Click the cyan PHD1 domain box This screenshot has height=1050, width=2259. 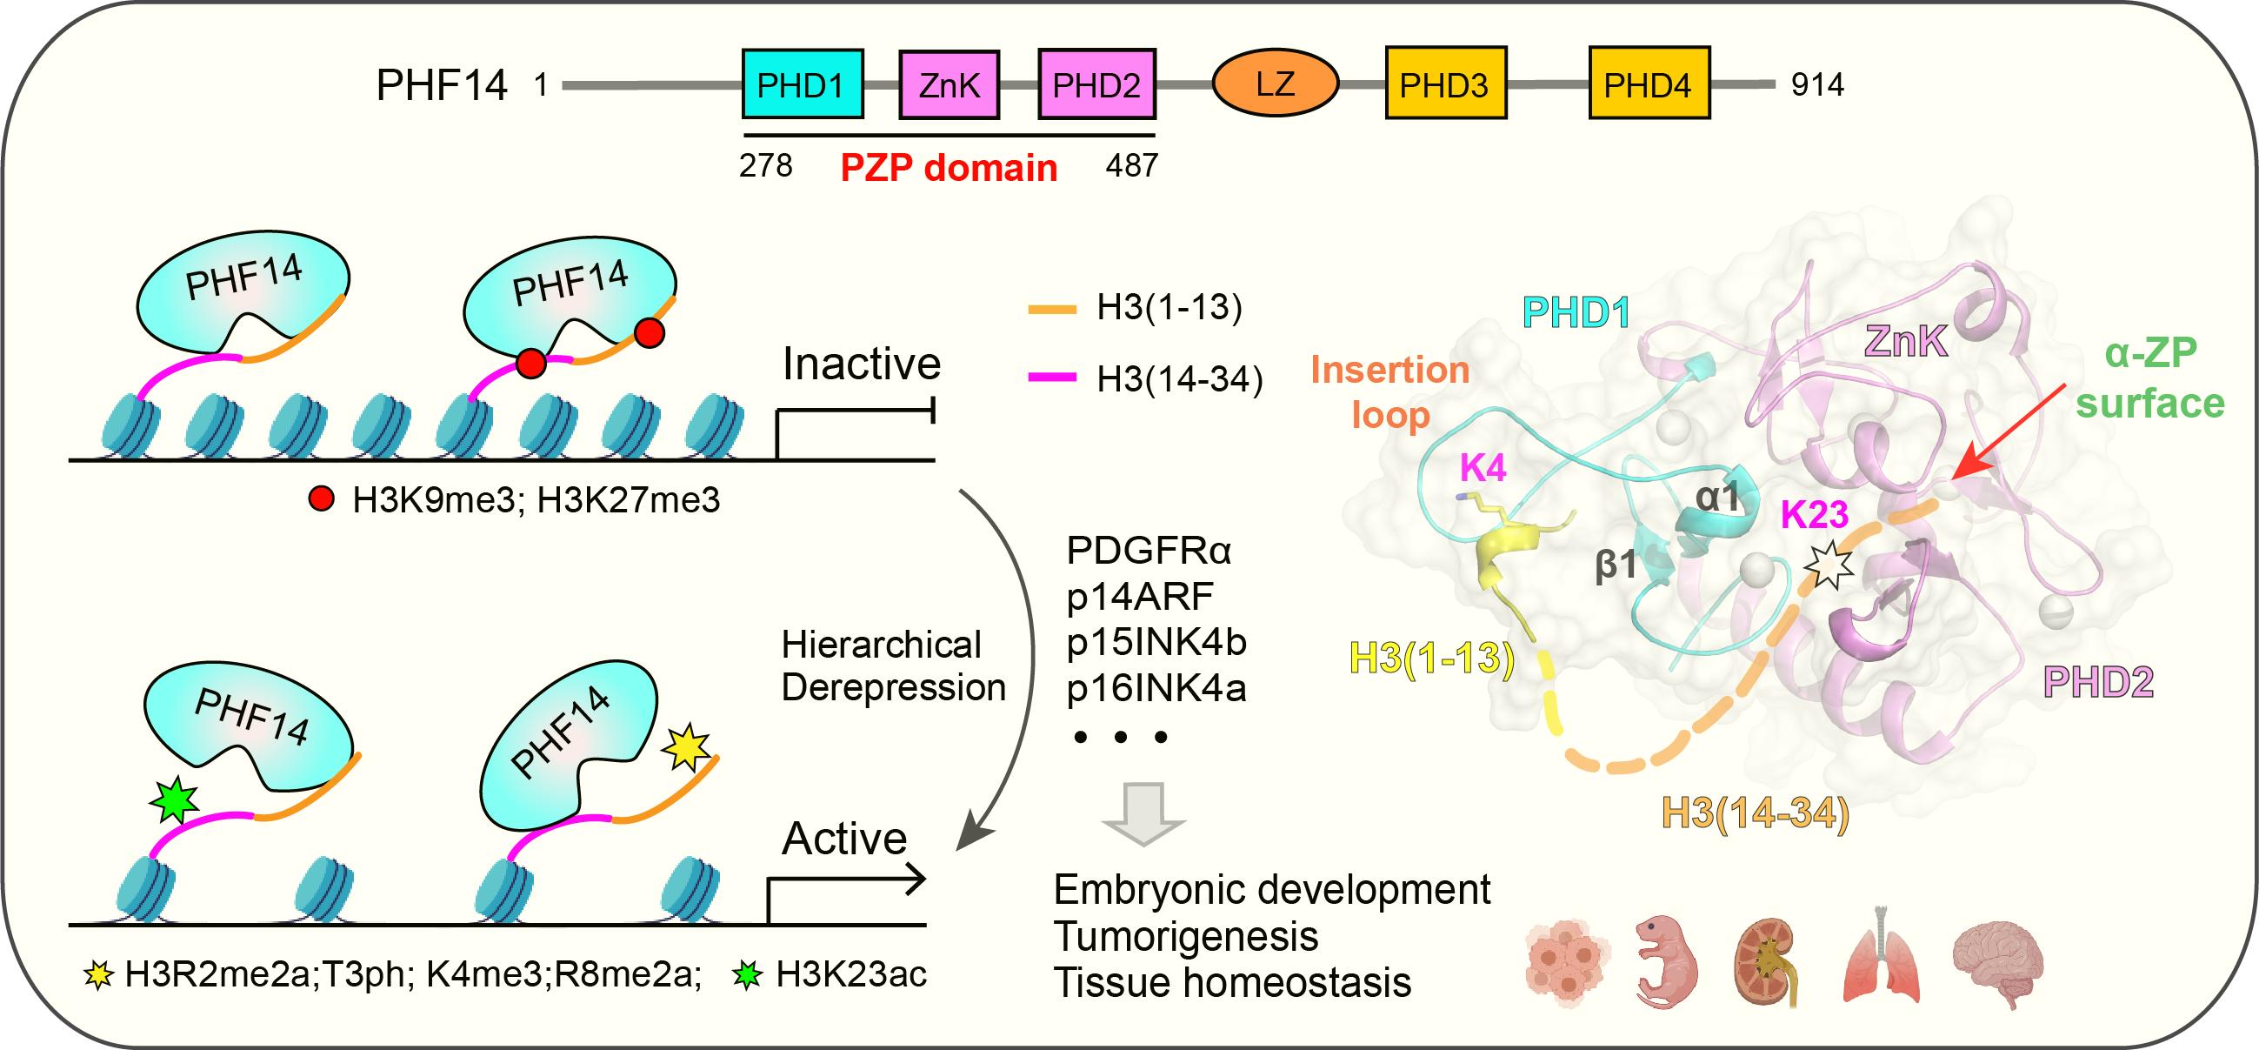(x=802, y=84)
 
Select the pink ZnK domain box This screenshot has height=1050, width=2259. (x=948, y=84)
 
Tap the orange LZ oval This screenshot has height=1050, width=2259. (x=1274, y=84)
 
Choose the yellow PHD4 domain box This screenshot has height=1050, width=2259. (x=1648, y=84)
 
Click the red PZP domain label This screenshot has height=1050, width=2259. (x=948, y=168)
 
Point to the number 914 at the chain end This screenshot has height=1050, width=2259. (x=1817, y=84)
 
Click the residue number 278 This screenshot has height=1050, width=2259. (x=764, y=165)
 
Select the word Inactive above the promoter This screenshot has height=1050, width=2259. (x=861, y=363)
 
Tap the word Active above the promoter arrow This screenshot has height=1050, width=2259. (x=843, y=839)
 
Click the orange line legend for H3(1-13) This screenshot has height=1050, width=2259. (x=1051, y=309)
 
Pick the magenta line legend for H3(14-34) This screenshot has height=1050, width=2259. (x=1051, y=378)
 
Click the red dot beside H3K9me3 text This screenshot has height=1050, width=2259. (x=322, y=500)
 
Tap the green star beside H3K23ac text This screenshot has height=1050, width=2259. (x=747, y=974)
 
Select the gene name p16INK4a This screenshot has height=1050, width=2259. (x=1156, y=689)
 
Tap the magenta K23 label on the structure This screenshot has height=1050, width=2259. (x=1814, y=515)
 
